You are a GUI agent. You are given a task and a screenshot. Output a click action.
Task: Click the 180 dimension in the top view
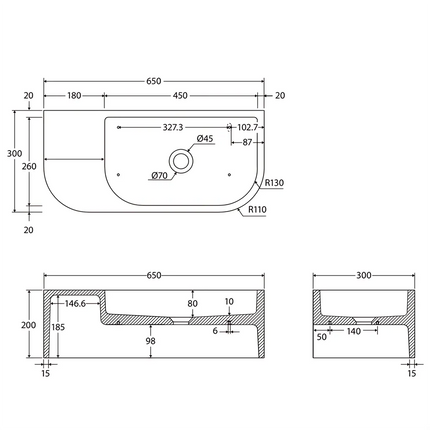click(73, 97)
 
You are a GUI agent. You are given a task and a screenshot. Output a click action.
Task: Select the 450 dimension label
click(181, 97)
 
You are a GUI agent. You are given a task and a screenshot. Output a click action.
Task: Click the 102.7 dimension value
click(248, 127)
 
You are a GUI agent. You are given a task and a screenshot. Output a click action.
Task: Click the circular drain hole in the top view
click(181, 159)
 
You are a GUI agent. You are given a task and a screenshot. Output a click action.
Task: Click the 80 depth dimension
click(193, 303)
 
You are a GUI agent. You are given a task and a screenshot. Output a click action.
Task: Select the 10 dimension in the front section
click(229, 300)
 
